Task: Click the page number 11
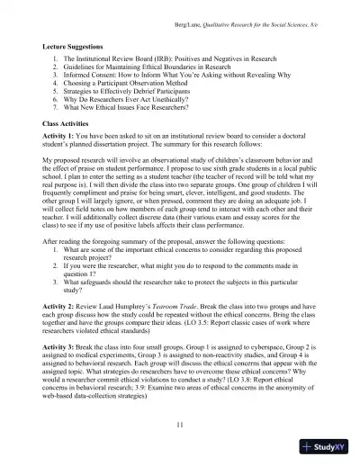180,424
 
